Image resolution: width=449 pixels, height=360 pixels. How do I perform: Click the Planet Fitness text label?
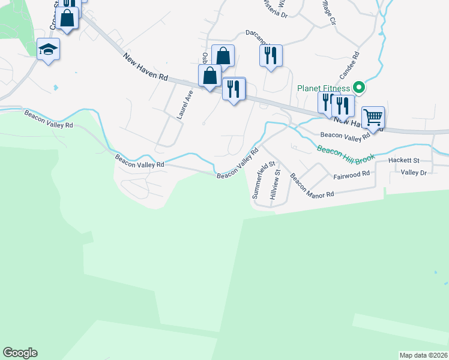323,89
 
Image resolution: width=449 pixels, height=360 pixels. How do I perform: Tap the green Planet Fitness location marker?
359,88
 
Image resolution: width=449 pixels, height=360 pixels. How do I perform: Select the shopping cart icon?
373,117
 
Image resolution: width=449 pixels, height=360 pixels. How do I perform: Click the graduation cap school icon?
48,49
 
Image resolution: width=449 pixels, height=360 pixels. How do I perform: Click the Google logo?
20,353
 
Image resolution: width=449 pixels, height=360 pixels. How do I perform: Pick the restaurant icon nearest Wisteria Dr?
270,56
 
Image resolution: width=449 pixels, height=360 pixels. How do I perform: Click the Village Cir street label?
325,13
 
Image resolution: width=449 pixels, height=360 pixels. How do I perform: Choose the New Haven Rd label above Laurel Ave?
146,67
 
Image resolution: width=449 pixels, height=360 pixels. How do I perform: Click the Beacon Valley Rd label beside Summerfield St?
237,164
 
